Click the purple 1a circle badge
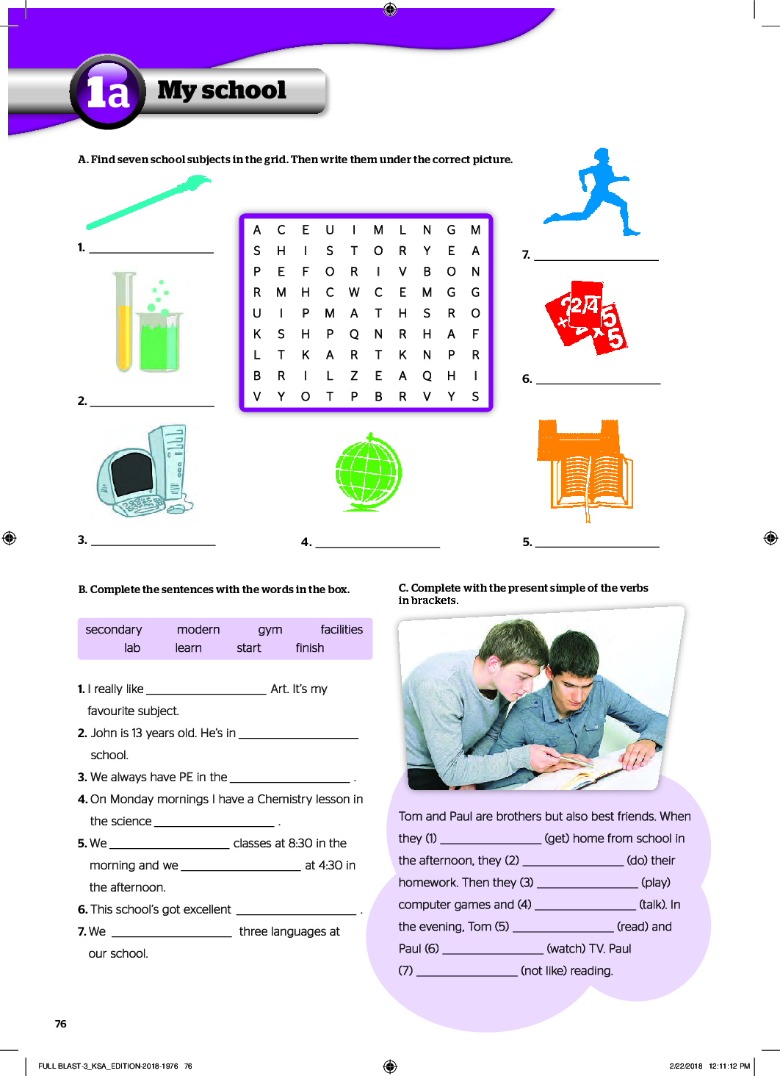(107, 91)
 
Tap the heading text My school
(222, 90)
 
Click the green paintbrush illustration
(148, 202)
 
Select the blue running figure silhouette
(592, 192)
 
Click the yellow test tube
(124, 321)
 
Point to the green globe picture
(369, 472)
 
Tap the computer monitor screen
(131, 473)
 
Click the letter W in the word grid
(354, 292)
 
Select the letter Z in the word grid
(354, 376)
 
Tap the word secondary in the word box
(114, 630)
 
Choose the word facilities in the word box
(342, 629)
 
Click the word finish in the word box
(310, 648)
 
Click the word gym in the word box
(270, 630)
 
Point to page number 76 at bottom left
(61, 1024)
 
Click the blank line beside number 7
(596, 260)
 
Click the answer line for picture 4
(378, 547)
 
